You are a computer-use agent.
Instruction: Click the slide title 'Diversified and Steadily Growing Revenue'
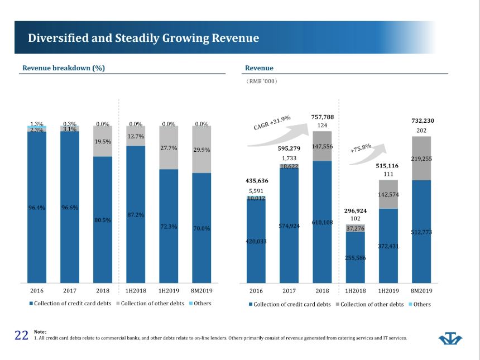[x=143, y=39]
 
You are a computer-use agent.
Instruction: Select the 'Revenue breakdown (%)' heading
[x=64, y=68]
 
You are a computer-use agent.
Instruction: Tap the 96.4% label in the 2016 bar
[x=37, y=208]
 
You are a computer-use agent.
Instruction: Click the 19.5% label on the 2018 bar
[x=103, y=142]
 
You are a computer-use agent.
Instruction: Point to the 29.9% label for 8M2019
[x=201, y=150]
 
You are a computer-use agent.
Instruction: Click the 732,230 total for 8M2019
[x=422, y=121]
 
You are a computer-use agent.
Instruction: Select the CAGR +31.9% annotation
[x=272, y=122]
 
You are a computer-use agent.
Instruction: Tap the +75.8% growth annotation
[x=361, y=148]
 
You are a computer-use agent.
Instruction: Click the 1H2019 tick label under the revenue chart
[x=388, y=291]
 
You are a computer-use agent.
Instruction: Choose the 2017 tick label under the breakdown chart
[x=70, y=291]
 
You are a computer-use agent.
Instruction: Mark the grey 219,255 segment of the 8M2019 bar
[x=421, y=159]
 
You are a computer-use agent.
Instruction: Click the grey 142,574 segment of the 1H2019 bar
[x=388, y=194]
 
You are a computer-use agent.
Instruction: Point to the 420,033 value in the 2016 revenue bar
[x=256, y=242]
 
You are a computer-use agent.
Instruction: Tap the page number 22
[x=21, y=335]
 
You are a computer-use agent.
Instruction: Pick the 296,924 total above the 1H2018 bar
[x=356, y=211]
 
